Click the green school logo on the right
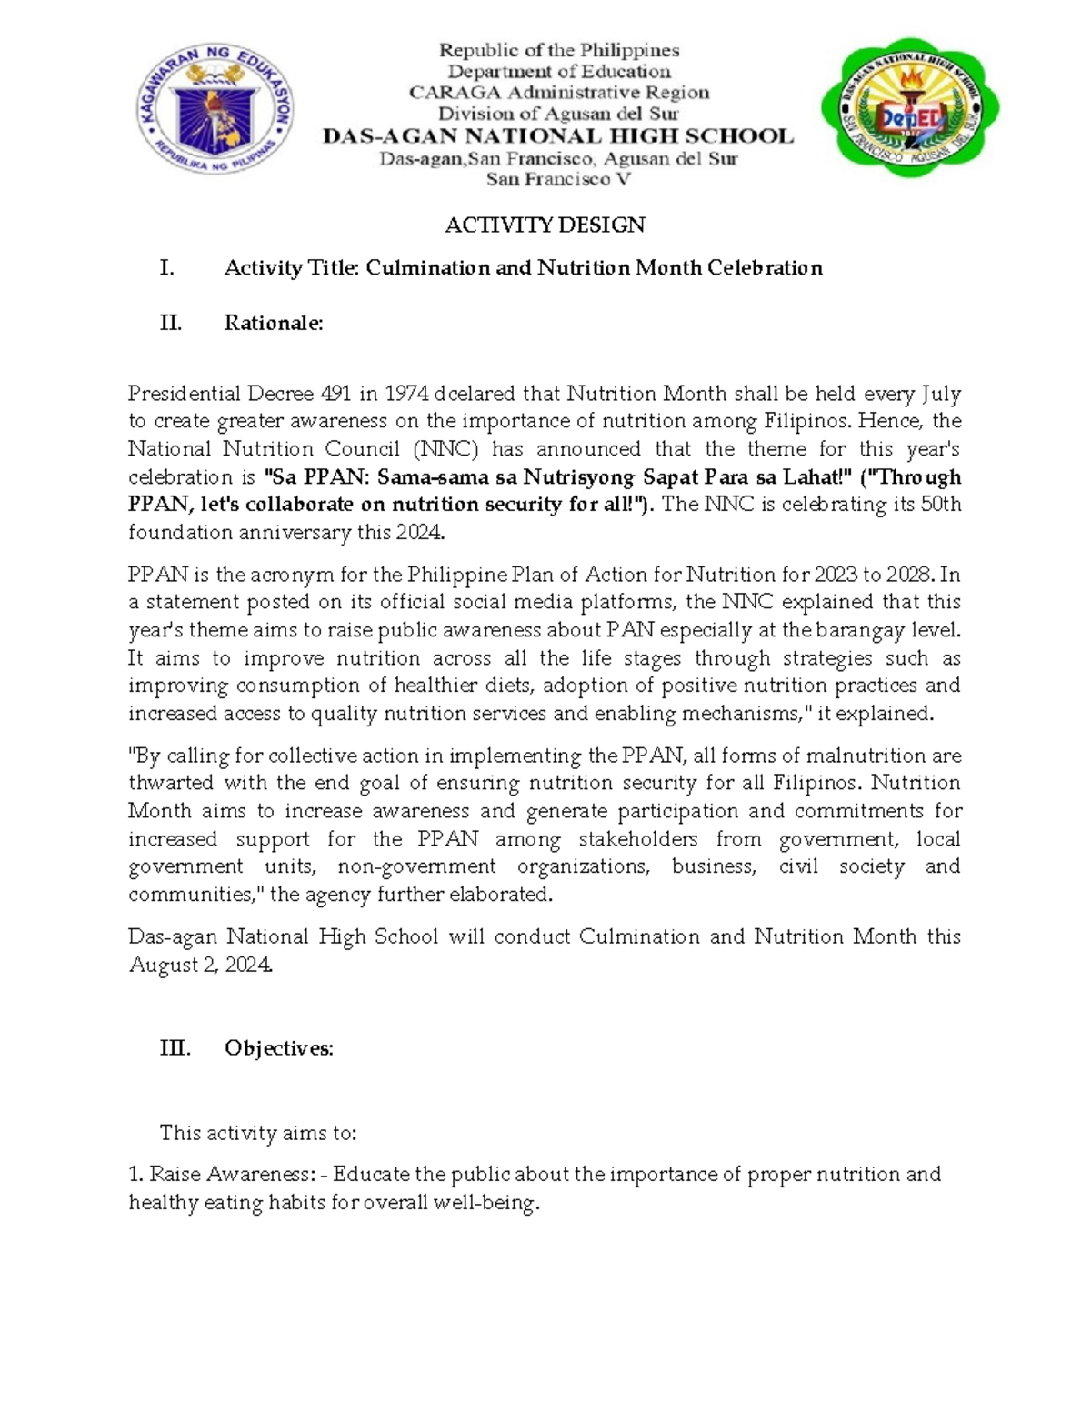(910, 108)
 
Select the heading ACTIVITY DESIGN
(545, 225)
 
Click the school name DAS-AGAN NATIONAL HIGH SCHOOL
(558, 136)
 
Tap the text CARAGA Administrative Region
(558, 93)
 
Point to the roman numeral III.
(175, 1048)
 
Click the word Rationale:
(274, 323)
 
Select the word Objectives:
(279, 1048)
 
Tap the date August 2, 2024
(201, 966)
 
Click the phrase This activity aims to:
(258, 1133)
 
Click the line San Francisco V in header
(558, 179)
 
